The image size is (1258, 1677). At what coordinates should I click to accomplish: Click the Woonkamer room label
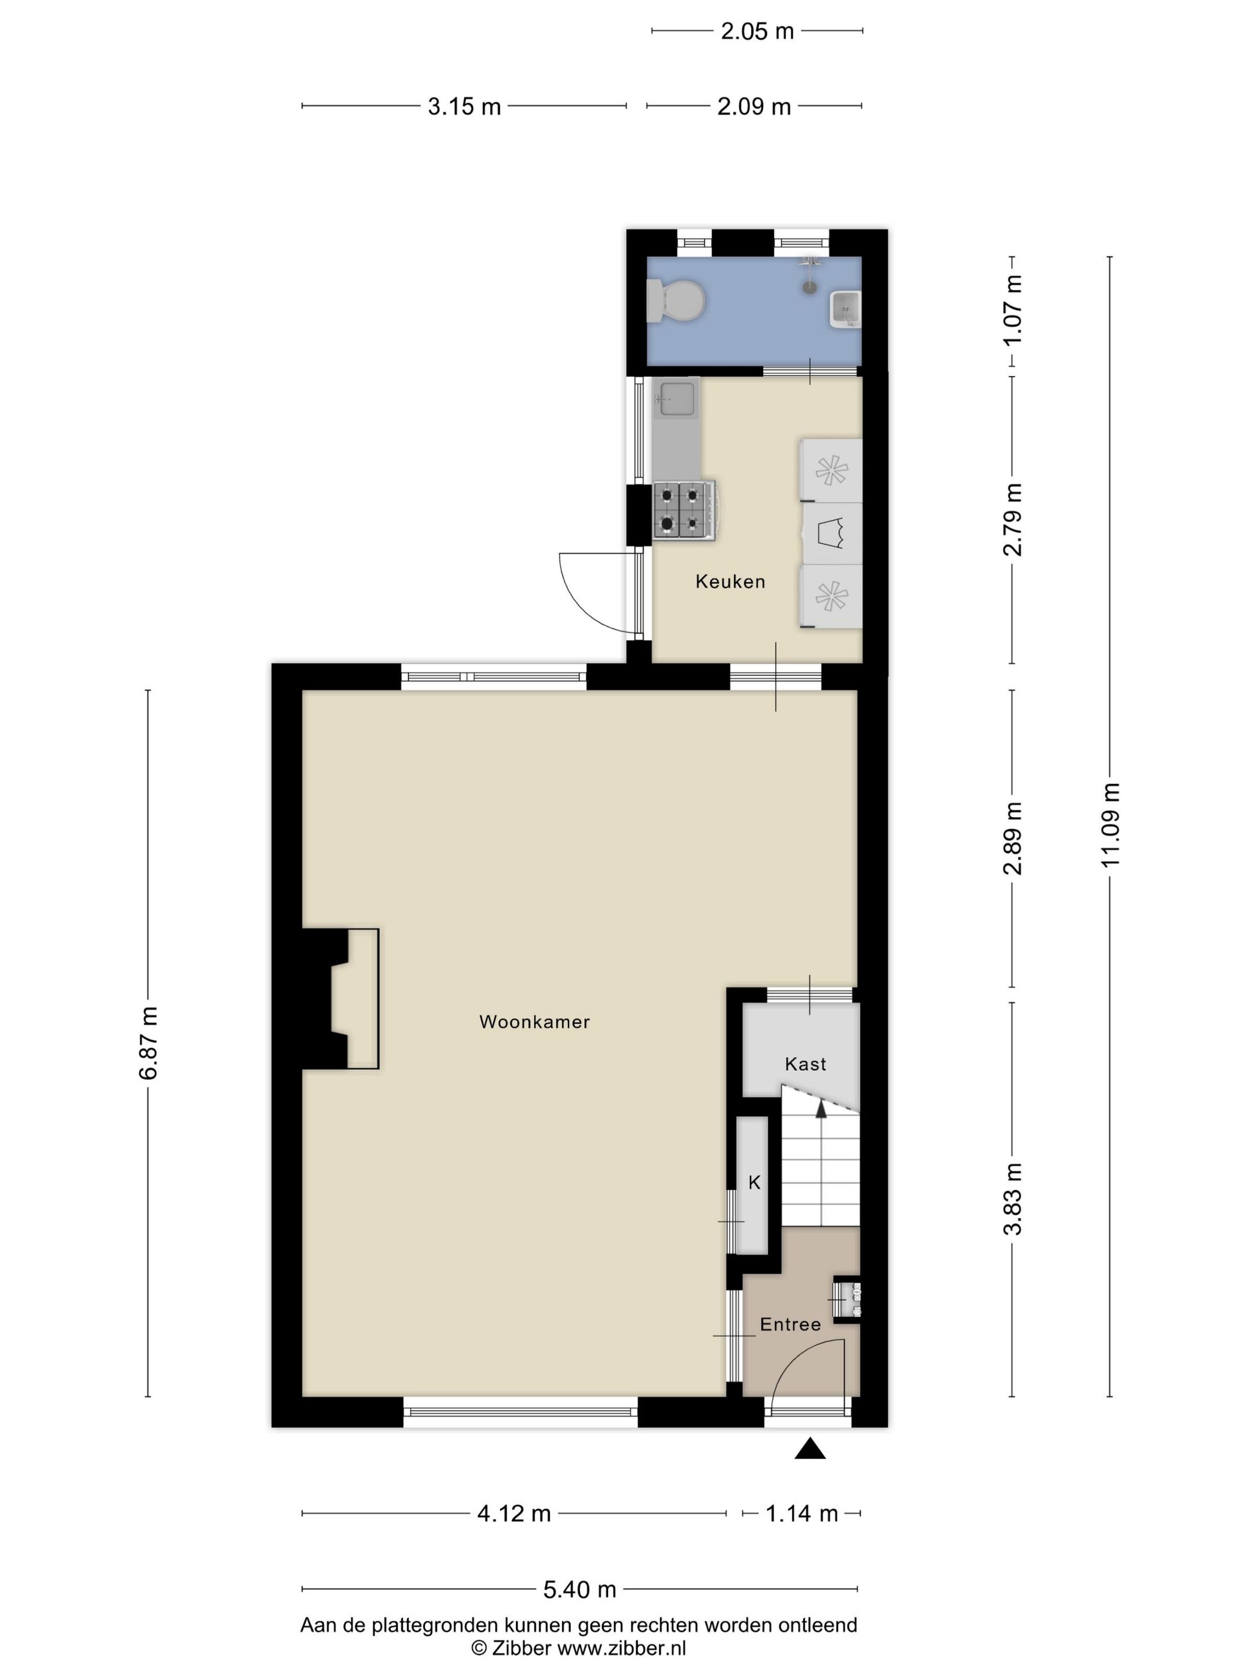(534, 1021)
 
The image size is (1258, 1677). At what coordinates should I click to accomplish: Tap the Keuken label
(730, 582)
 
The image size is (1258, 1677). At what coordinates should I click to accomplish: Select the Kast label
(805, 1064)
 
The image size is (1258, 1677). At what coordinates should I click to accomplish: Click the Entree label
(790, 1324)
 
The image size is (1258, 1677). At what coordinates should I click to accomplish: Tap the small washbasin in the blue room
(845, 308)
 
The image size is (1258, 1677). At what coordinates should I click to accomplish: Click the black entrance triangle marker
(810, 1449)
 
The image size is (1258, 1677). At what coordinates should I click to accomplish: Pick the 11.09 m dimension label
(1110, 825)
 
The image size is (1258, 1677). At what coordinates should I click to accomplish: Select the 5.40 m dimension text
(579, 1589)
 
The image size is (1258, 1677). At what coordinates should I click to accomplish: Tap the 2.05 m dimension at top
(757, 31)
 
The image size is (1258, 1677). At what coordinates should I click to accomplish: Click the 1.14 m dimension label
(802, 1513)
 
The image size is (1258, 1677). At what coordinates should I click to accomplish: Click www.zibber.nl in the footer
(622, 1648)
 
